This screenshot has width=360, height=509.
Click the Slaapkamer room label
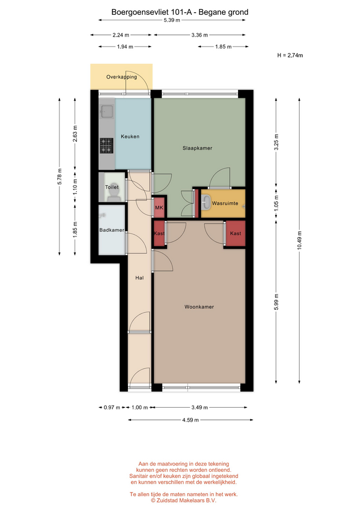click(x=197, y=148)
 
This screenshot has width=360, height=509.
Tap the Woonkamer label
click(x=199, y=307)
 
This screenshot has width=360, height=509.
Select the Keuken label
click(x=130, y=137)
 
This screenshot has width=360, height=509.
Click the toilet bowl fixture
click(x=113, y=192)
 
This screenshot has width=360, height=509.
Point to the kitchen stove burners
click(x=106, y=145)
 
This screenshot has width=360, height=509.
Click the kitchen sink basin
click(x=107, y=112)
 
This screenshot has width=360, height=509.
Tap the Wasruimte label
click(x=225, y=204)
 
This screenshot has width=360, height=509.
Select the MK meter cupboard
click(x=159, y=207)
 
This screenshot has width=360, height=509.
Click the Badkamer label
click(x=112, y=230)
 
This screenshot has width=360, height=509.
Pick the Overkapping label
click(x=121, y=77)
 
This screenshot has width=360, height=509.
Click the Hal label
click(x=139, y=278)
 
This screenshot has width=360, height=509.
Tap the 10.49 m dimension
click(x=299, y=240)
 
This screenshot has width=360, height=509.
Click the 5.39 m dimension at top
click(x=172, y=20)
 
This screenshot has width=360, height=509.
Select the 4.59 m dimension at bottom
click(x=190, y=420)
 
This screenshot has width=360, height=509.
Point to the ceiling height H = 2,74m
click(x=290, y=56)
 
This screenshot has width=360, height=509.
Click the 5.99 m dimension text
click(x=276, y=302)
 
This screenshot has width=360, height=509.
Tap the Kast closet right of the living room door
click(x=235, y=233)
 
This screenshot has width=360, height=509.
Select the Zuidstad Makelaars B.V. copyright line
click(x=183, y=501)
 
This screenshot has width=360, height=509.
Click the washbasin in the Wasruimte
click(x=206, y=204)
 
